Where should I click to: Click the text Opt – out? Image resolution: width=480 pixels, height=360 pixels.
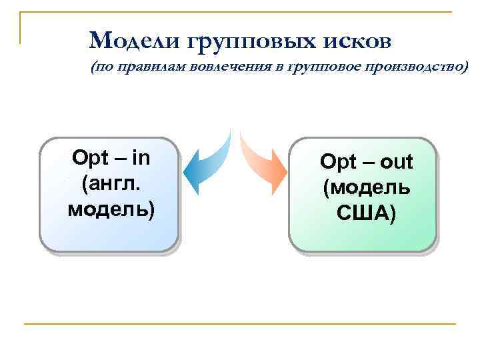[366, 161]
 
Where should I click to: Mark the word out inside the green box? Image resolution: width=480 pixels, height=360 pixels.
[397, 161]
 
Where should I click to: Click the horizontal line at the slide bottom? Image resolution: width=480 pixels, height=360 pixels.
[240, 324]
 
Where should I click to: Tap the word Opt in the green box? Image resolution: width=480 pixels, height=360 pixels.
[335, 161]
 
